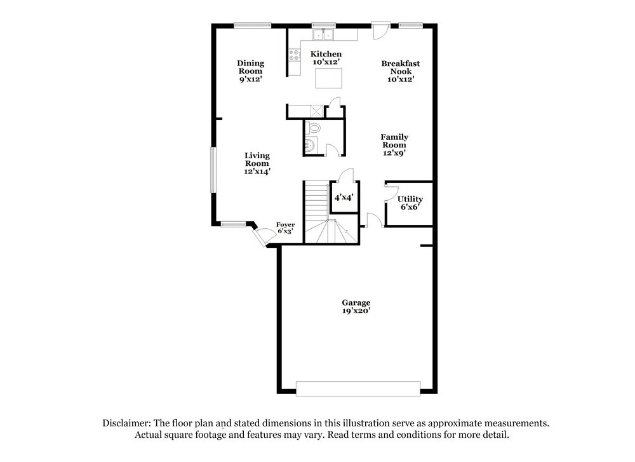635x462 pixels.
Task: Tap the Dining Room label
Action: (x=251, y=71)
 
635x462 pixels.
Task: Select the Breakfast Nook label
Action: (x=400, y=71)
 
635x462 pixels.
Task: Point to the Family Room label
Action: (x=394, y=144)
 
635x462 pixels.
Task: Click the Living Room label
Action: (x=257, y=163)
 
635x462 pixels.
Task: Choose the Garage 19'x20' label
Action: (x=356, y=307)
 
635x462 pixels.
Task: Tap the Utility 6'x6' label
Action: (x=410, y=203)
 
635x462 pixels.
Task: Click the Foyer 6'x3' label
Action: (x=285, y=228)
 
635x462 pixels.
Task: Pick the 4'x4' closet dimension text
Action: (x=344, y=198)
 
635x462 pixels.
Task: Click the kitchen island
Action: (x=329, y=78)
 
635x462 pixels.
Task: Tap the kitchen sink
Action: (x=323, y=34)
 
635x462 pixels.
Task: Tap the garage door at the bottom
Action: (x=358, y=388)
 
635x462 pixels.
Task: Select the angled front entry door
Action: (x=261, y=236)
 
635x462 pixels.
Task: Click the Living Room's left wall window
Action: (x=213, y=170)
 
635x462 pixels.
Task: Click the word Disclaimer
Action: (x=124, y=423)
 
